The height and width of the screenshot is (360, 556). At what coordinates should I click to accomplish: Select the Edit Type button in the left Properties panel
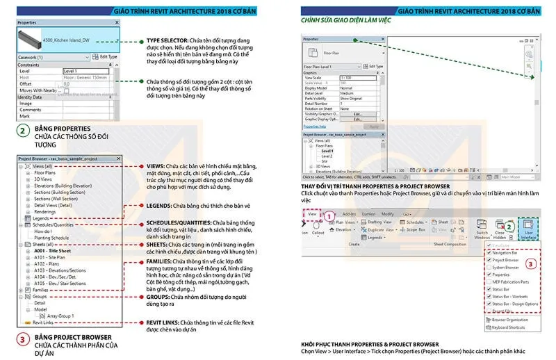click(105, 56)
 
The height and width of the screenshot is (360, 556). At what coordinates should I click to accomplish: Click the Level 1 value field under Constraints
click(85, 70)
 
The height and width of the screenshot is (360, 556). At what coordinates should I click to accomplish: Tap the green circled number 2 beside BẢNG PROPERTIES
click(23, 131)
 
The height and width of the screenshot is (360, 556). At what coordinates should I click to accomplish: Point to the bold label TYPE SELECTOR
click(168, 41)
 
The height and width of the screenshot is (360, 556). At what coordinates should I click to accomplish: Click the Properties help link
click(315, 126)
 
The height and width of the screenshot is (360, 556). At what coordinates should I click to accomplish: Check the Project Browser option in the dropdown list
click(504, 260)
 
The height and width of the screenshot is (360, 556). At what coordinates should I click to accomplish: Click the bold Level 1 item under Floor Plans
click(327, 151)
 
